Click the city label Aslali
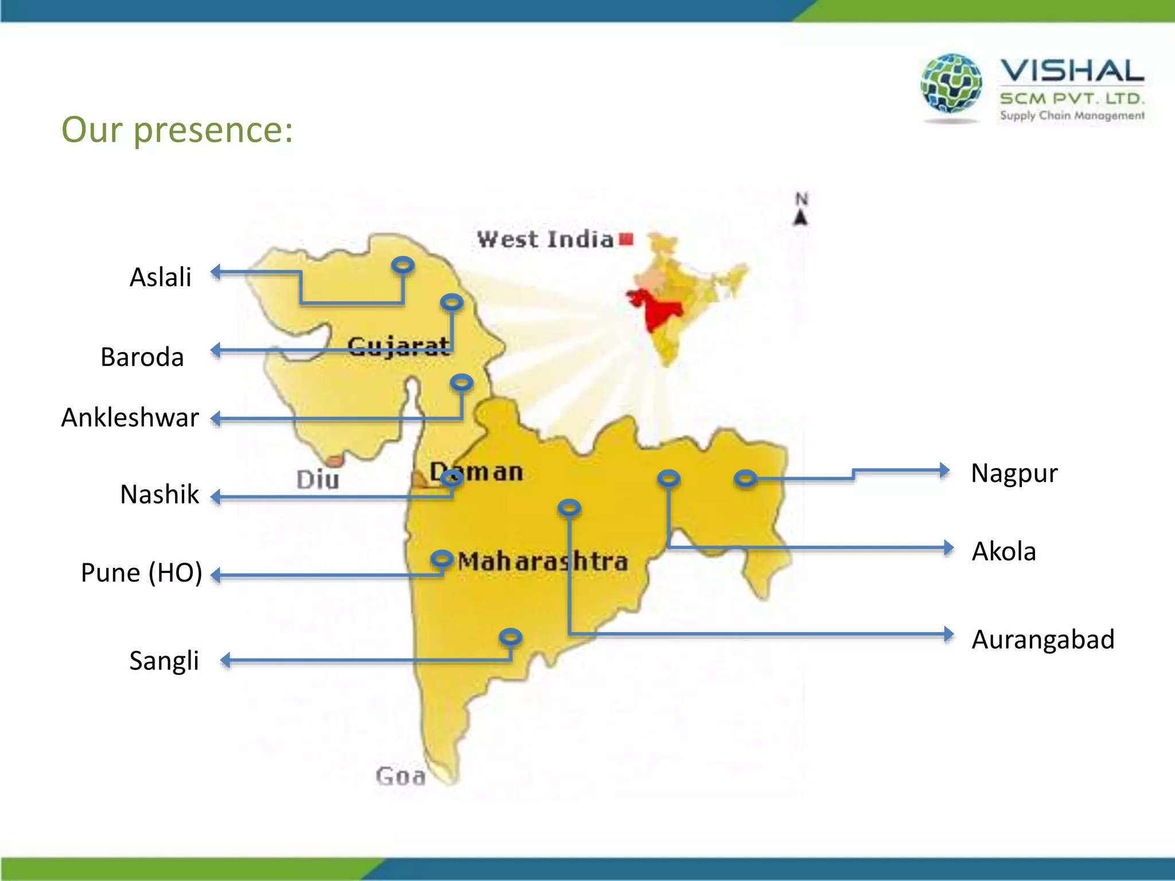[160, 277]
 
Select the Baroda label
[142, 357]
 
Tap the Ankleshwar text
[130, 417]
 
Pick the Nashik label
[159, 494]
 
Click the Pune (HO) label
[142, 572]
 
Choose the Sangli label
[164, 660]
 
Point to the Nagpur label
[1014, 473]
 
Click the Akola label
[1003, 551]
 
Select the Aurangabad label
[1042, 639]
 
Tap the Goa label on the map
[400, 776]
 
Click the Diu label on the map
[318, 480]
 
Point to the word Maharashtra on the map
[542, 561]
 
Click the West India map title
[546, 239]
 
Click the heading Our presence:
[177, 130]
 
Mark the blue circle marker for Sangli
[510, 636]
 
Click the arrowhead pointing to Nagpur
[944, 470]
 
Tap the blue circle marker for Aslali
[403, 264]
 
